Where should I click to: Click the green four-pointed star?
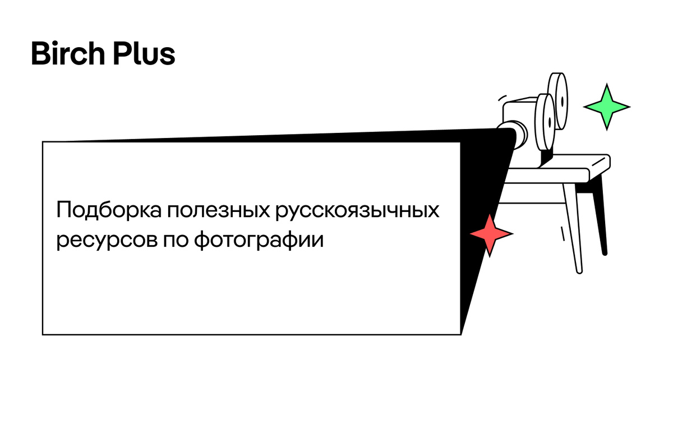tap(606, 106)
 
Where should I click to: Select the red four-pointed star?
tap(491, 234)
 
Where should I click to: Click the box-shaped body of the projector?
tap(519, 112)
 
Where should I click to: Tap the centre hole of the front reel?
tap(550, 121)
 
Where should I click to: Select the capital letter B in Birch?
tap(41, 54)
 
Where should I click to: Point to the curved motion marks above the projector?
tap(501, 97)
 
